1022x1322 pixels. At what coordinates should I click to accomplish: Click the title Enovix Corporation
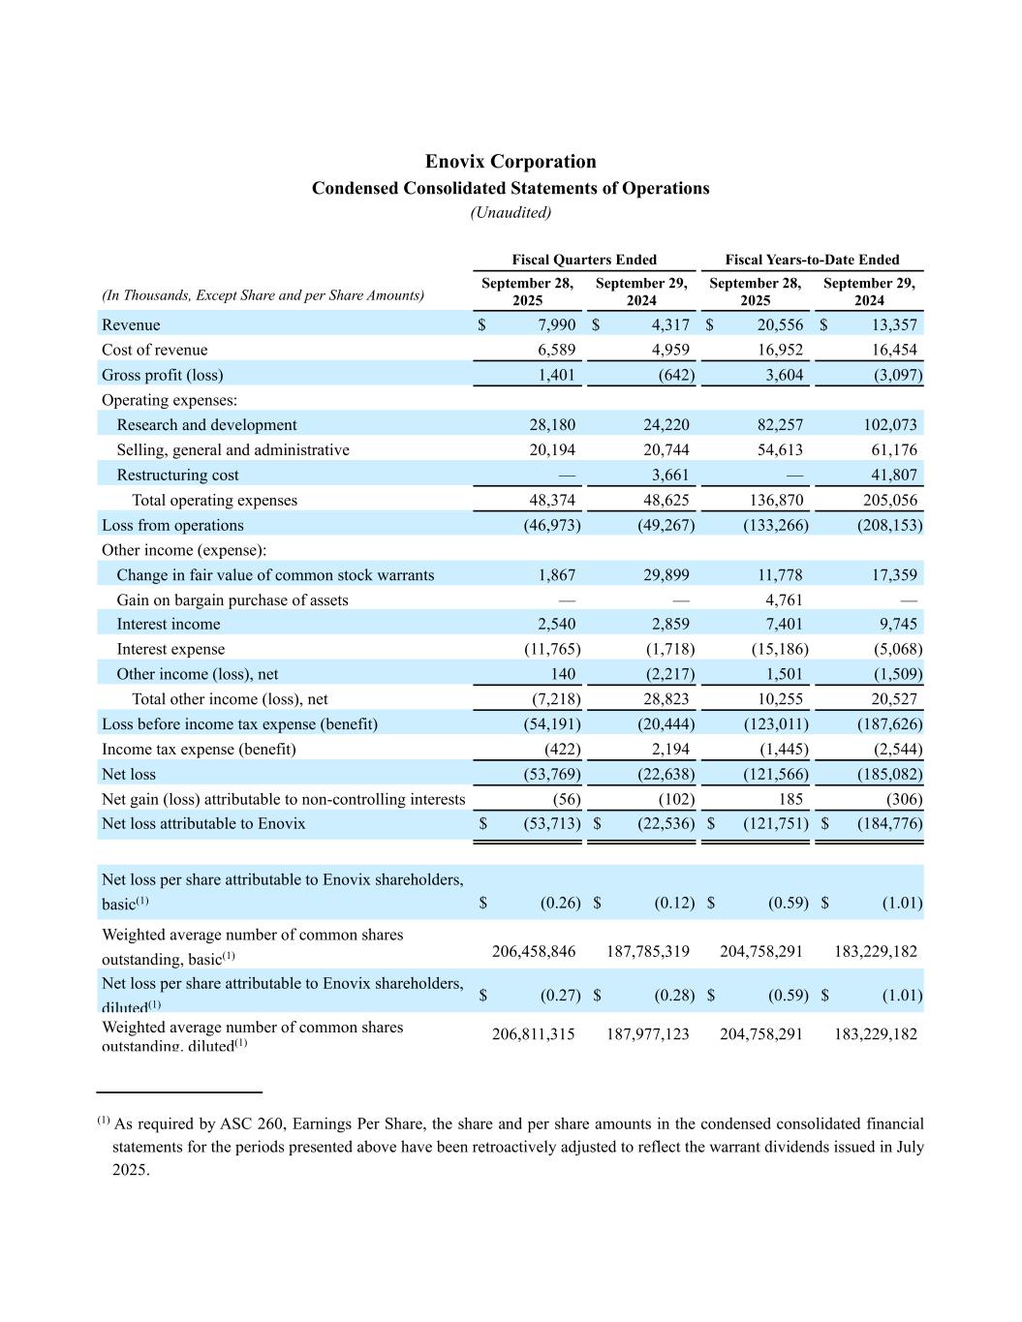tap(511, 162)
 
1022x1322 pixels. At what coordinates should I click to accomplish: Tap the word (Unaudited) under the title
tap(511, 213)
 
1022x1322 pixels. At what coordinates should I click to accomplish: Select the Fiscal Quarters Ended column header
tap(584, 260)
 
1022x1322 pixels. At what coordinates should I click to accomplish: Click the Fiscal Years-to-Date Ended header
tap(812, 260)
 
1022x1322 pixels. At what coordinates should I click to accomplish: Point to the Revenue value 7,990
tap(557, 325)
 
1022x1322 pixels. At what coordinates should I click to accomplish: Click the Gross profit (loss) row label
tap(162, 375)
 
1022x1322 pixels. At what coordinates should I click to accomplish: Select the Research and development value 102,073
tap(890, 425)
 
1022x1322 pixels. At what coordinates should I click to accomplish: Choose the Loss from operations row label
tap(172, 525)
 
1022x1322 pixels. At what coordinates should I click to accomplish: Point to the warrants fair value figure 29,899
tap(666, 575)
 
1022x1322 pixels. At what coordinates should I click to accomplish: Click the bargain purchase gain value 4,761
tap(784, 600)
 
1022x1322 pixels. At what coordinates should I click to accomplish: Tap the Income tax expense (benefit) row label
tap(199, 750)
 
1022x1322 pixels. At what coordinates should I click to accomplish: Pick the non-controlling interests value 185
tap(790, 800)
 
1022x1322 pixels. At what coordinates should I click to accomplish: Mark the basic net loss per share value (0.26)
tap(560, 904)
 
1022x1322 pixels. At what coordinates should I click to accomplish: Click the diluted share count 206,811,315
tap(534, 1034)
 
